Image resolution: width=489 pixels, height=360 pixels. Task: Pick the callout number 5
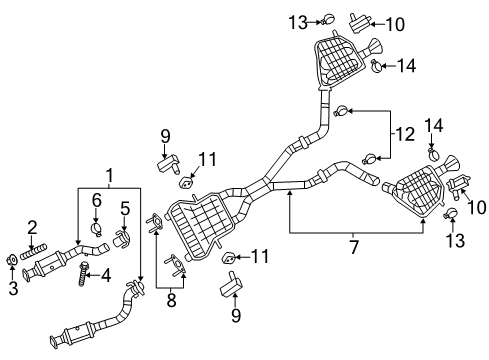click(125, 209)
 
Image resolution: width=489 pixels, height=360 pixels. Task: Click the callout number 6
click(97, 200)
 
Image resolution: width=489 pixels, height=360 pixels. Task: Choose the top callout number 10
click(397, 21)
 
